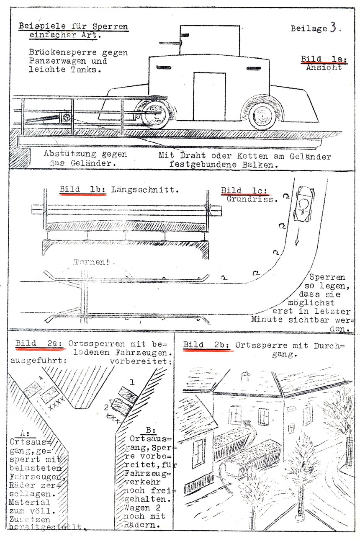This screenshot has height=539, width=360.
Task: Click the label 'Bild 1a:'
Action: point(324,59)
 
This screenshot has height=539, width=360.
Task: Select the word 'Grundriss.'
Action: point(252,199)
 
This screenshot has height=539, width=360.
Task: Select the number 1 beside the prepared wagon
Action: point(132,382)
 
